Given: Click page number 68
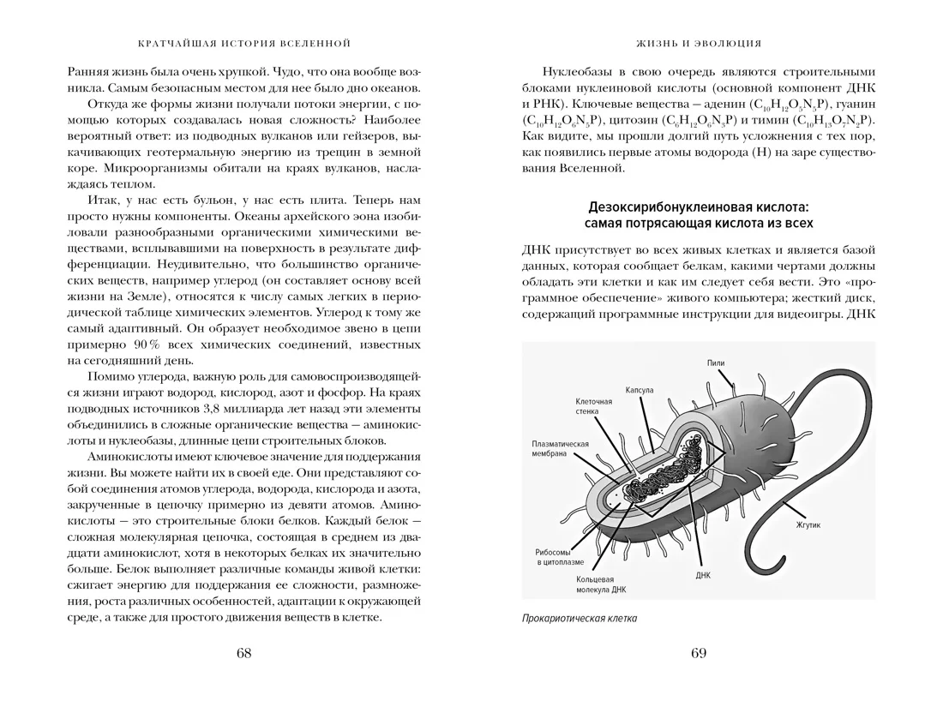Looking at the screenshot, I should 243,654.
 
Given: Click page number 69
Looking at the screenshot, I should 698,654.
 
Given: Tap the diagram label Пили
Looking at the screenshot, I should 715,363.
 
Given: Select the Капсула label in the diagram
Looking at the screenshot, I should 640,390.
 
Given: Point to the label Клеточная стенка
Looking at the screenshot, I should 594,405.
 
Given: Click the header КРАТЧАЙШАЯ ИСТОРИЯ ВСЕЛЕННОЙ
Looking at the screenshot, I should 243,42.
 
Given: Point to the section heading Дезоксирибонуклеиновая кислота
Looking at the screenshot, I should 699,208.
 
